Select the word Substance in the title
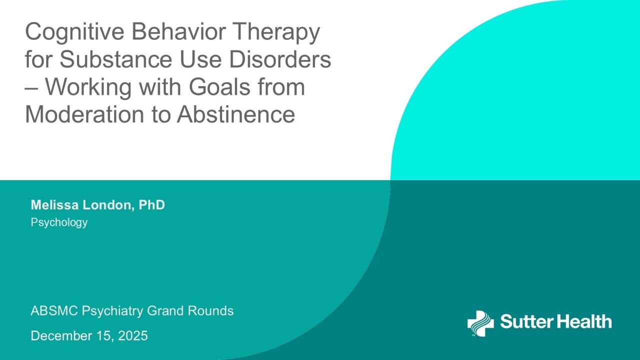116,59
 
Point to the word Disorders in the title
280,59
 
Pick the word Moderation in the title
84,114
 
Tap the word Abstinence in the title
236,114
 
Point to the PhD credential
151,205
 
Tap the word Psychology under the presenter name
59,222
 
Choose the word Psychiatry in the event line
112,311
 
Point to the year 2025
133,335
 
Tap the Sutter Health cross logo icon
480,323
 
